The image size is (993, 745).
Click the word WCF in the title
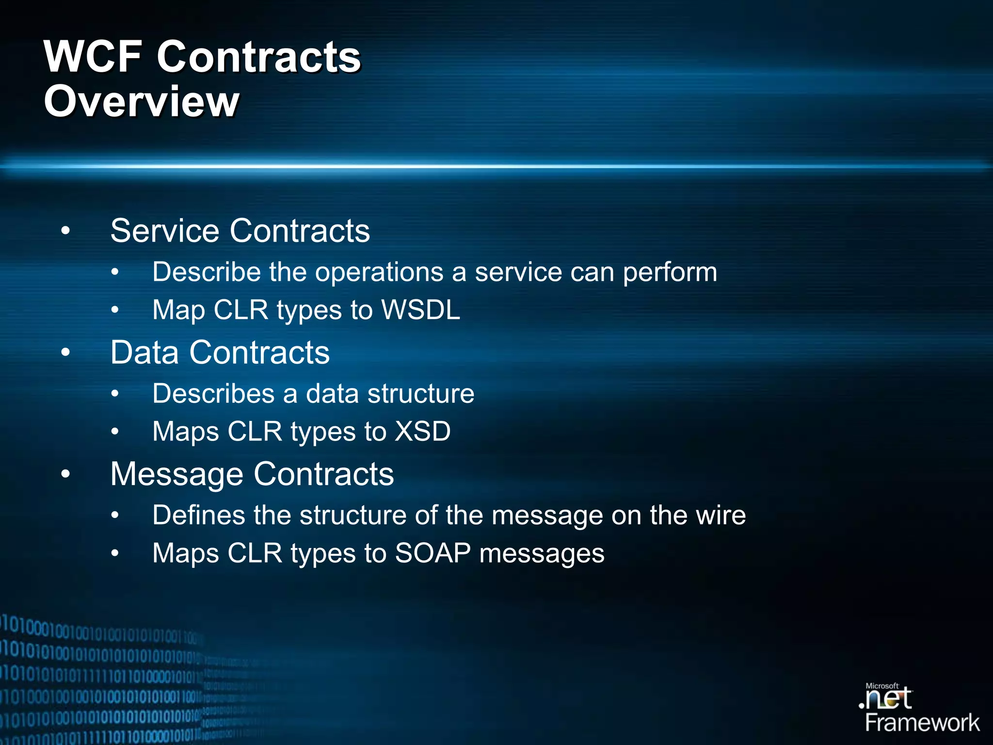click(x=93, y=57)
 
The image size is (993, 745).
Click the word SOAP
click(x=432, y=553)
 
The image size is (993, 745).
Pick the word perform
click(x=670, y=273)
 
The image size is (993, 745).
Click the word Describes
click(x=213, y=393)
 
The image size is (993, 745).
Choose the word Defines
click(x=198, y=515)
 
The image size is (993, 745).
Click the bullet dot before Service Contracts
click(x=65, y=231)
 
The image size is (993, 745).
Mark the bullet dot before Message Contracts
click(x=65, y=474)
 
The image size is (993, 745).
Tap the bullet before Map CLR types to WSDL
click(x=115, y=310)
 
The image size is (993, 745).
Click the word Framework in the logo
click(x=922, y=723)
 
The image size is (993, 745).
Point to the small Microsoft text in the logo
click(x=881, y=686)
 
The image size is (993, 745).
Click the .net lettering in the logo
click(x=885, y=700)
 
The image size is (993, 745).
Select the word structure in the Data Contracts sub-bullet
click(x=420, y=393)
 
